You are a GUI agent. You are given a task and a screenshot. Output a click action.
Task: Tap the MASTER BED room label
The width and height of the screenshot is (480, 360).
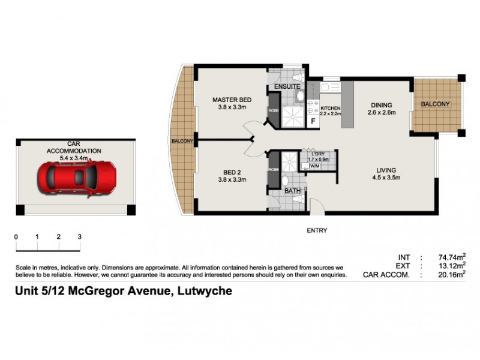click(232, 100)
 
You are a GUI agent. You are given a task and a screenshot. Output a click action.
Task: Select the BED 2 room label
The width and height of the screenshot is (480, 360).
click(231, 172)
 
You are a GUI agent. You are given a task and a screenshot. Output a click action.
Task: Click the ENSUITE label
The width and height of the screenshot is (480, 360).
click(287, 87)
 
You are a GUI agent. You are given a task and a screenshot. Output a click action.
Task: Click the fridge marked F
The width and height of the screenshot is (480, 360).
click(313, 121)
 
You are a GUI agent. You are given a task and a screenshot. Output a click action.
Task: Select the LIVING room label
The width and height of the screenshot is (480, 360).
click(386, 169)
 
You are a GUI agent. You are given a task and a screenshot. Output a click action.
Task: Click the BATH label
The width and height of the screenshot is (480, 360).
click(293, 191)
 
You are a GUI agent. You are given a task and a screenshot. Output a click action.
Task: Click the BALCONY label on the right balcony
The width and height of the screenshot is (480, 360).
click(435, 104)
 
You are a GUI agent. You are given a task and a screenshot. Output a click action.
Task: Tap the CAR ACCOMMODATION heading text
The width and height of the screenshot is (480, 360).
click(74, 148)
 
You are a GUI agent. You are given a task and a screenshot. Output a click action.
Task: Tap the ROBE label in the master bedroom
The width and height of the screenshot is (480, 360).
click(273, 111)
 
